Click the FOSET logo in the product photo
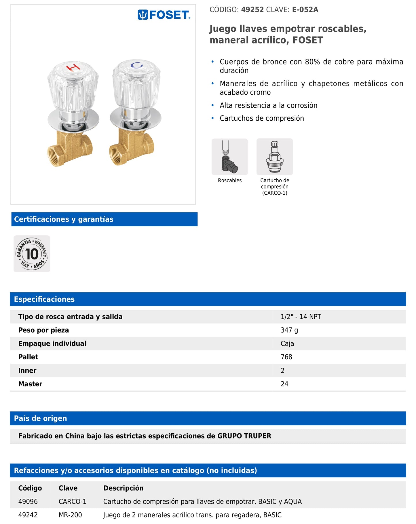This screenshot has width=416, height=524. pos(164,15)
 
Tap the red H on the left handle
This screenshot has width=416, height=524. pos(73,68)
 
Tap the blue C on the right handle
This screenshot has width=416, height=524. pos(136,65)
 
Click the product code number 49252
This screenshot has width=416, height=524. pos(252,10)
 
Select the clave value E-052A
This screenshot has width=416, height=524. pos(305,10)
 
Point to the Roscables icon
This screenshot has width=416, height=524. pos(229,157)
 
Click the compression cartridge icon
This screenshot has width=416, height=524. pos(275,157)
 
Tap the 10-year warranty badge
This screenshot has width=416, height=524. pos(32,254)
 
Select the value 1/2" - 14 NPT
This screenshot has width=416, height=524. pos(301,317)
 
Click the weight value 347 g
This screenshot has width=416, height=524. pos(289,330)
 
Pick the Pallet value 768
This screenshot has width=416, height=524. pos(286,357)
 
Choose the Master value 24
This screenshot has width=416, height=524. pos(284,384)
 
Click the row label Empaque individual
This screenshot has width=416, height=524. pos(52,343)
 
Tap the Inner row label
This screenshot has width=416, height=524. pos(27,371)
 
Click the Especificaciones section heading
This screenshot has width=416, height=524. pos(44,299)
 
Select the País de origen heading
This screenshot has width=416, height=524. pos(40,418)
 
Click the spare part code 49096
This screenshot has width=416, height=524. pos(28,502)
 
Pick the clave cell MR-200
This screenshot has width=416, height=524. pos(70,515)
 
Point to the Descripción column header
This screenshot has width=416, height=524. pos(123,488)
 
